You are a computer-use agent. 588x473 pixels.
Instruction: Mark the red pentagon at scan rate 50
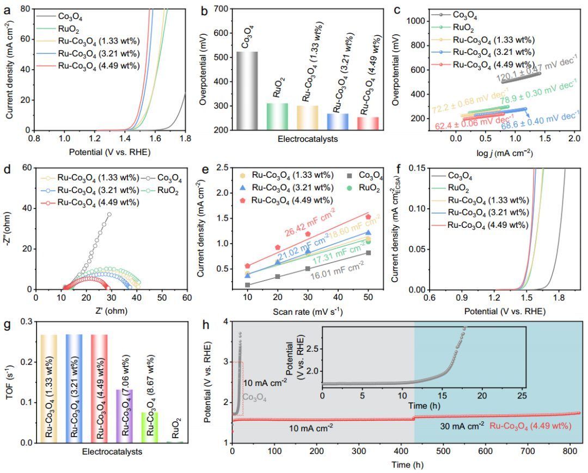pyautogui.click(x=368, y=217)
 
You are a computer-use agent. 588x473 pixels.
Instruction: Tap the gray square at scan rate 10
pyautogui.click(x=248, y=284)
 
